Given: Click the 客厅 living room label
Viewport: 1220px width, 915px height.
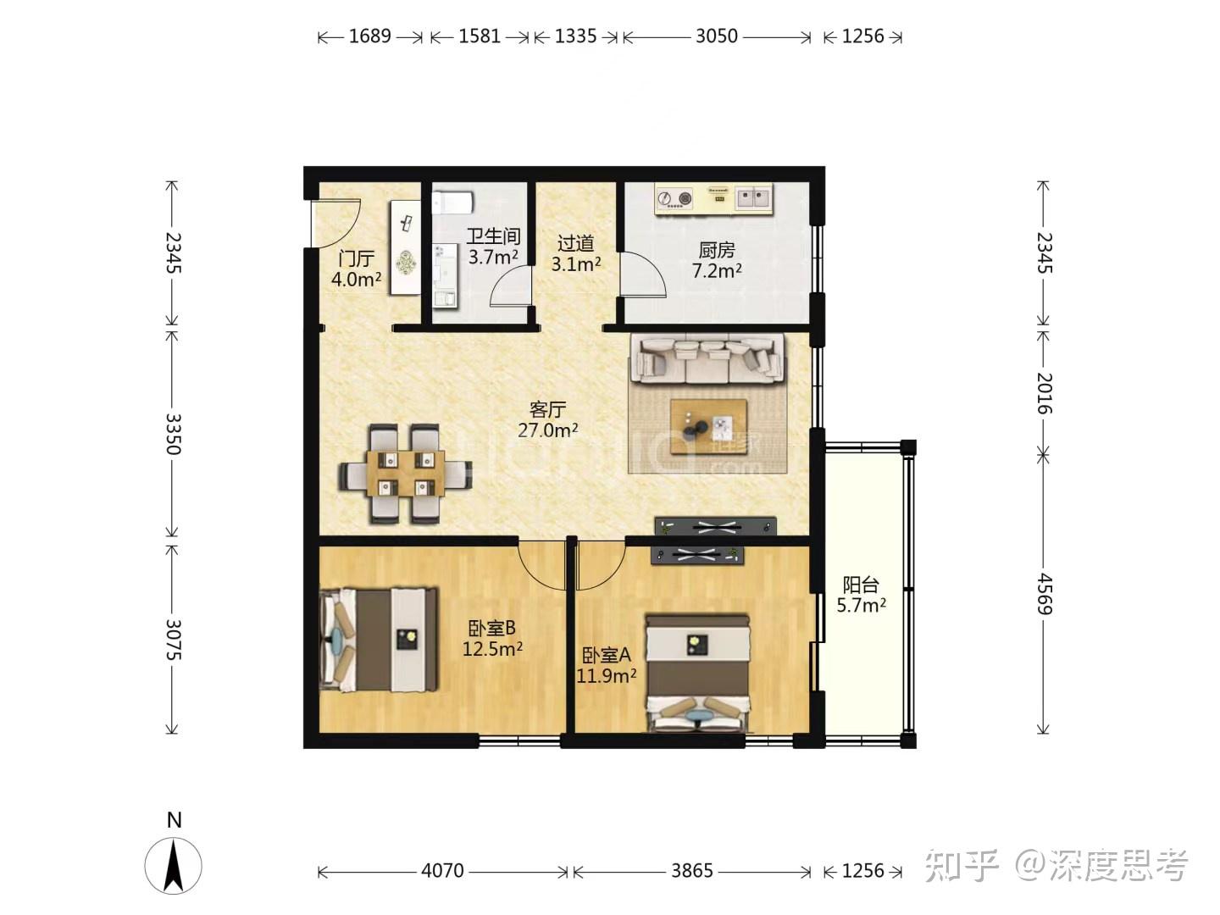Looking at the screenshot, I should coord(547,410).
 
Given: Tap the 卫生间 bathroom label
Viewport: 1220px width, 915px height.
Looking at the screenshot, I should coord(493,236).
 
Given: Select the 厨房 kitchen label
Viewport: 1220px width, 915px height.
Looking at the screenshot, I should coord(717,250).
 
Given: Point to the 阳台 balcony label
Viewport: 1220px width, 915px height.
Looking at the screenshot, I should coord(861,585).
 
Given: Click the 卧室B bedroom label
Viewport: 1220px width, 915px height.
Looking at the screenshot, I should coord(492,629).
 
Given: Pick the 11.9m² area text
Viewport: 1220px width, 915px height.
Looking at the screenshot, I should coord(607,676).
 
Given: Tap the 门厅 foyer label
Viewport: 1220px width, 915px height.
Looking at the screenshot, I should coord(356,258).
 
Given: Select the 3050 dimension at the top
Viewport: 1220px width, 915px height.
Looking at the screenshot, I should coord(717,36).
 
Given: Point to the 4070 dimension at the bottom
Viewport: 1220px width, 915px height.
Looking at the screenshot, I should coord(442,871).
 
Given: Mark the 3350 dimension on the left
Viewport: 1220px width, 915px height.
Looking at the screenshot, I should coord(173,433).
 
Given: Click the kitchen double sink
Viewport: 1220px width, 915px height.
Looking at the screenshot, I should coord(753,198).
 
